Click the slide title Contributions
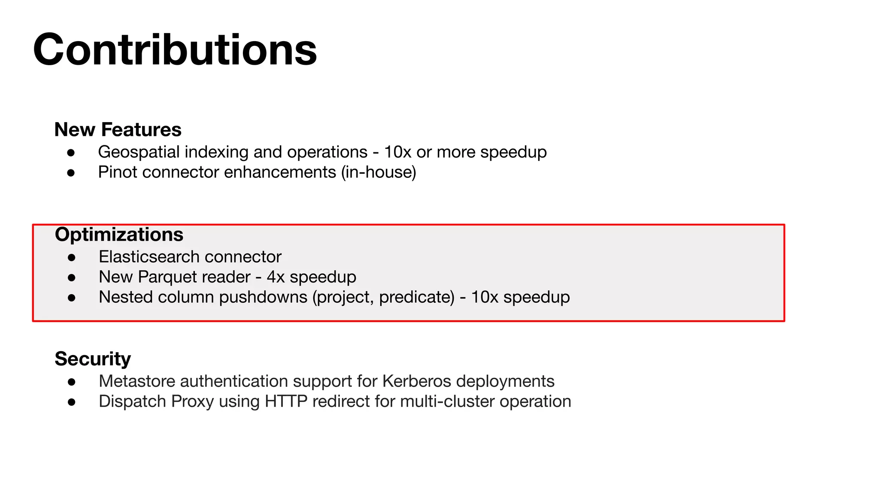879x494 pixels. (x=175, y=50)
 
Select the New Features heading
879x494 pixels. (x=118, y=130)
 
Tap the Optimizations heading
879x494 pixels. (x=119, y=235)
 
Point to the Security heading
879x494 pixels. (x=93, y=358)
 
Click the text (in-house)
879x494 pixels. (x=379, y=172)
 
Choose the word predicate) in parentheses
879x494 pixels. (x=417, y=298)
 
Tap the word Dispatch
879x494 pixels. (x=132, y=402)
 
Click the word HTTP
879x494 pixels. (x=286, y=401)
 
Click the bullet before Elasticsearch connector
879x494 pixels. (x=72, y=257)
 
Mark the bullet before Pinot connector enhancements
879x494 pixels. (x=71, y=173)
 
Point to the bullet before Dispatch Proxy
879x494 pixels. (x=72, y=402)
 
